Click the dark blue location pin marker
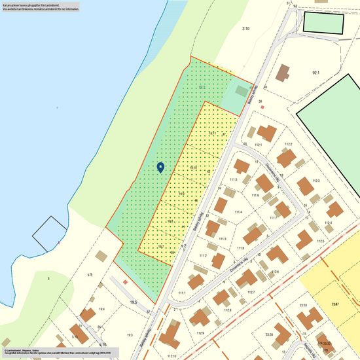click(160, 168)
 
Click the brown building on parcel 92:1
click(283, 73)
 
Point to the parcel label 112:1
click(258, 145)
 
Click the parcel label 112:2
click(287, 145)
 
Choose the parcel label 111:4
click(238, 212)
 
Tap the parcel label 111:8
click(240, 248)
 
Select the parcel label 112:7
click(251, 292)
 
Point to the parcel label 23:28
click(268, 334)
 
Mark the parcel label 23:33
click(303, 305)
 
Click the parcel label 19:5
click(133, 302)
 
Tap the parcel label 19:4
click(101, 309)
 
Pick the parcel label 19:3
click(129, 334)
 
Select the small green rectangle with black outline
click(323, 23)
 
